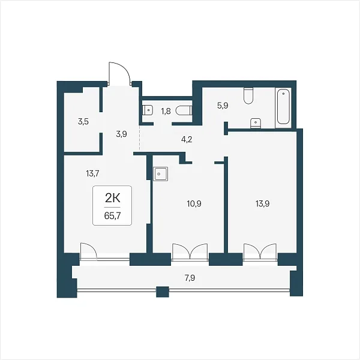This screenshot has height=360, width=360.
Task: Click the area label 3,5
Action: click(x=83, y=122)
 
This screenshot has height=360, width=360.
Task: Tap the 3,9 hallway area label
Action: click(x=121, y=134)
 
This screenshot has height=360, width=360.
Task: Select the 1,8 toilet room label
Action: click(x=166, y=112)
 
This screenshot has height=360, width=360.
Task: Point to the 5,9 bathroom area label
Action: click(x=223, y=106)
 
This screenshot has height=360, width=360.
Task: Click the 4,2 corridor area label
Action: click(x=187, y=139)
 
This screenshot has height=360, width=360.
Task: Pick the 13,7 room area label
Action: click(x=92, y=173)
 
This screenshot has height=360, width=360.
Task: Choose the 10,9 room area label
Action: click(x=194, y=203)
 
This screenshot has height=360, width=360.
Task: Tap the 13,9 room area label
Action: click(x=263, y=203)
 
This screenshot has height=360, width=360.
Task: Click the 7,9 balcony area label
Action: click(x=190, y=278)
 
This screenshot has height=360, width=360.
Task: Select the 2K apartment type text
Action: click(x=113, y=199)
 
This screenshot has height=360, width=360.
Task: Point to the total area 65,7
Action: click(x=113, y=216)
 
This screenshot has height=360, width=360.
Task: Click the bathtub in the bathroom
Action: click(x=284, y=107)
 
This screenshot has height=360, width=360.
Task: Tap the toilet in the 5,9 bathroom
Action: click(x=248, y=96)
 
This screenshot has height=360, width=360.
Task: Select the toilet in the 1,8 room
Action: click(x=184, y=110)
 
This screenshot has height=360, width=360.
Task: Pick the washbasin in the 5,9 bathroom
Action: click(x=256, y=123)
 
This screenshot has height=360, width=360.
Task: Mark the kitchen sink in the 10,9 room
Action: click(x=161, y=174)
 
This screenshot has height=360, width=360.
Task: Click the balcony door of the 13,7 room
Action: click(x=89, y=251)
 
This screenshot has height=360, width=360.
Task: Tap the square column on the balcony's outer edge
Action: click(x=163, y=292)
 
